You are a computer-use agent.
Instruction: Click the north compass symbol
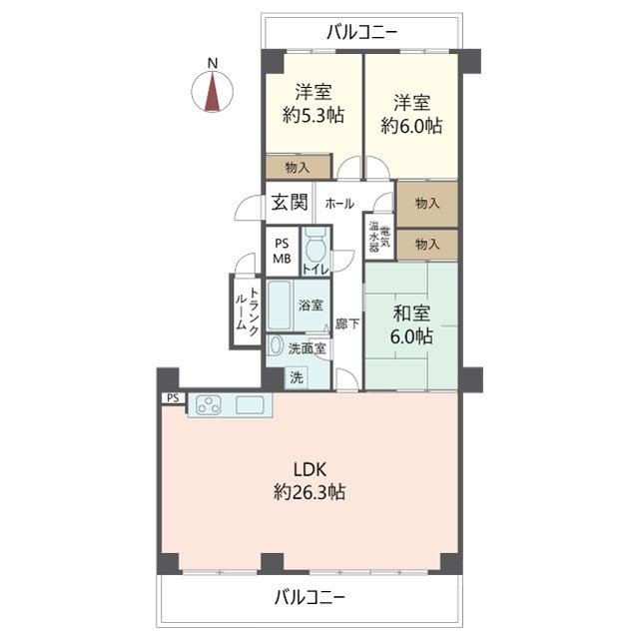coord(213,91)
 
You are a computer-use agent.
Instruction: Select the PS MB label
coord(282,251)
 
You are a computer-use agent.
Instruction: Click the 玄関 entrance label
coord(290,202)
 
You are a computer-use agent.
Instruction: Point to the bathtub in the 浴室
coord(280,305)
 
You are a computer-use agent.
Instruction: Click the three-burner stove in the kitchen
coord(209,405)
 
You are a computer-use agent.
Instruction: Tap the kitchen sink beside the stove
coord(250,405)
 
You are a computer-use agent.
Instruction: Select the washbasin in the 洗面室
coord(276,346)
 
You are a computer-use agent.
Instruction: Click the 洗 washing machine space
coord(297,377)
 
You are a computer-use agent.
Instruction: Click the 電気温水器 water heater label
coord(379,237)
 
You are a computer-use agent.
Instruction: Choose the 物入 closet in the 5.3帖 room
coord(298,167)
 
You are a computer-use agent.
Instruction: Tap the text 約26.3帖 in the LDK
coord(310,492)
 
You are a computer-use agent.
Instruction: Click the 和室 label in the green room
coord(411,314)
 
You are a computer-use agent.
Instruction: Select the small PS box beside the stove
coord(173,397)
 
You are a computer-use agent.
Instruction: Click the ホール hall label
coord(339,204)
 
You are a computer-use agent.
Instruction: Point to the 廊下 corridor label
coord(347,323)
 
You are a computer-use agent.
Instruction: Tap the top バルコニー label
coord(362,32)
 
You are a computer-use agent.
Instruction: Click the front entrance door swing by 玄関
coord(249,208)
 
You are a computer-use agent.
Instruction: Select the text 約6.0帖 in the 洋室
coord(411,125)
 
